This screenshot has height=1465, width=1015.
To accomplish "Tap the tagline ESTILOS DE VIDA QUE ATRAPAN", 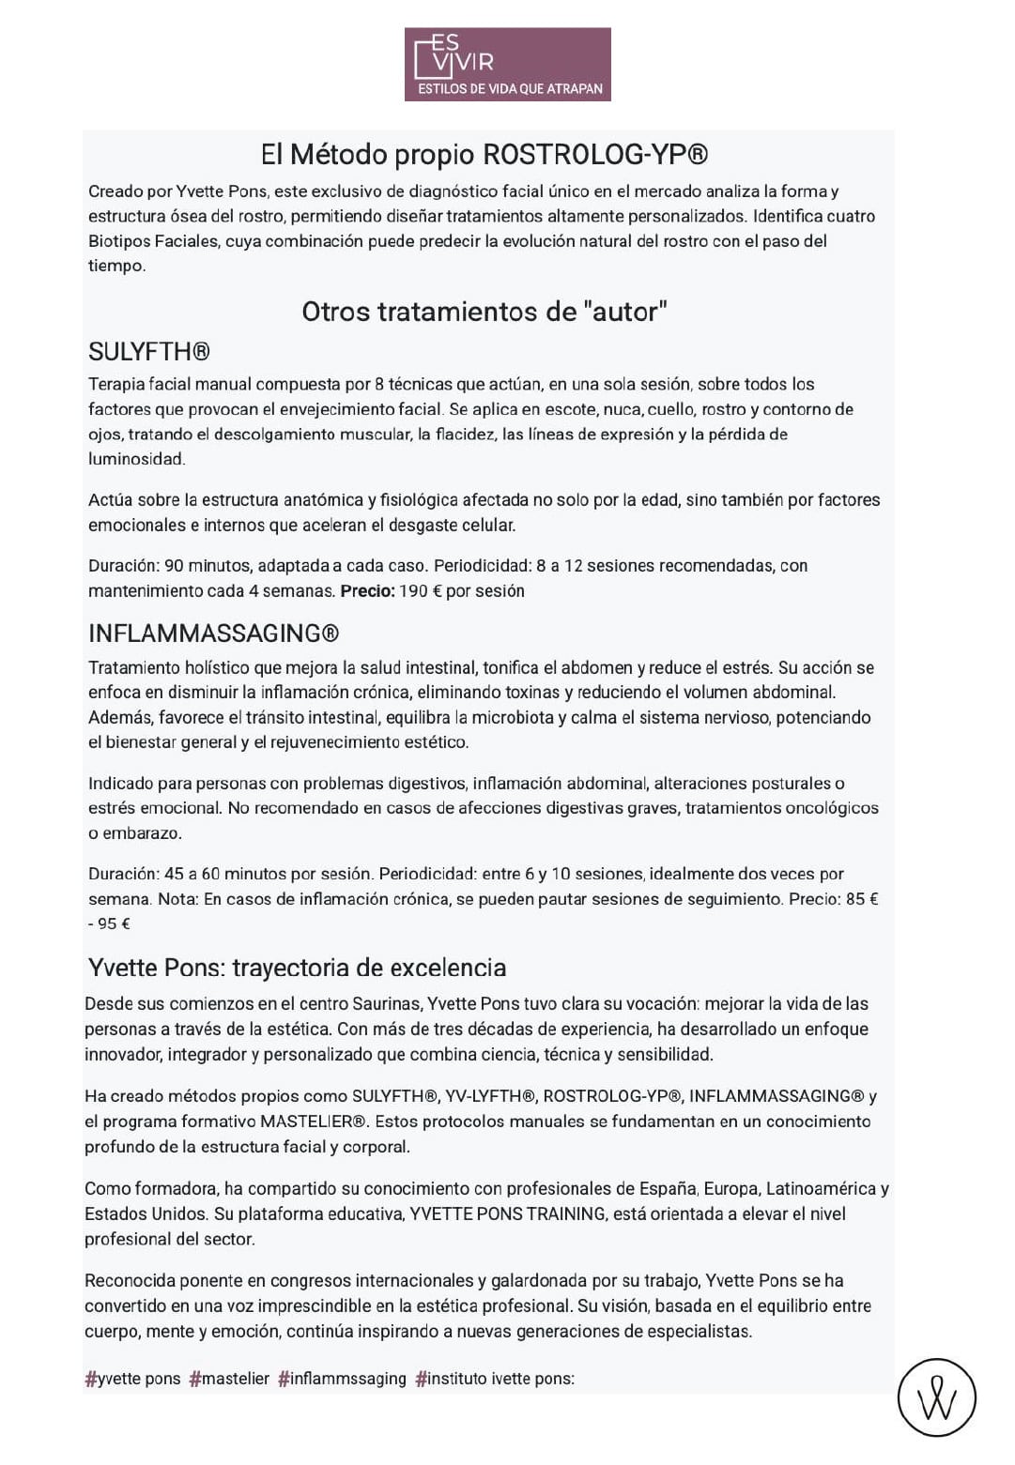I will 509,89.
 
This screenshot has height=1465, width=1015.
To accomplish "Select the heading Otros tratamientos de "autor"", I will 484,312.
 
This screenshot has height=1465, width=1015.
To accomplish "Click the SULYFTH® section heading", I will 149,352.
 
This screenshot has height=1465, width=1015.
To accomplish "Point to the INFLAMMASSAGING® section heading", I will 213,633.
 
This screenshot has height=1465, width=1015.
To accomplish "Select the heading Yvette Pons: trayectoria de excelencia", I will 297,968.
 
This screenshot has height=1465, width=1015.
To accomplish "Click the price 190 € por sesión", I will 461,591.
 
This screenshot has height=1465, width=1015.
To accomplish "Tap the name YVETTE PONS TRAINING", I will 507,1214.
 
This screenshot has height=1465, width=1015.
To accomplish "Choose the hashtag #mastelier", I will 229,1379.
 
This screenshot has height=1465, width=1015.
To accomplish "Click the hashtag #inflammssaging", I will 343,1379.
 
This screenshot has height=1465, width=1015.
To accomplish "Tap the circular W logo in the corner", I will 937,1398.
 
